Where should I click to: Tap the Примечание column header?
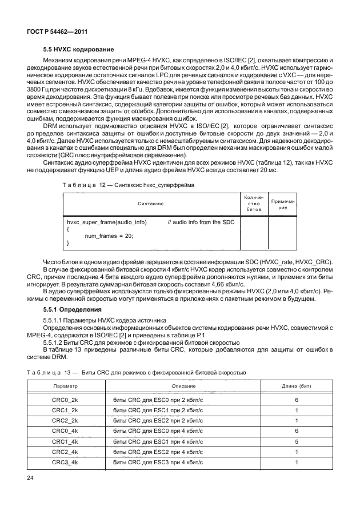[282, 203]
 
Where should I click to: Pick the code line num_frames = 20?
[109, 236]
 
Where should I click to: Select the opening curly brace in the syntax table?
[68, 229]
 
